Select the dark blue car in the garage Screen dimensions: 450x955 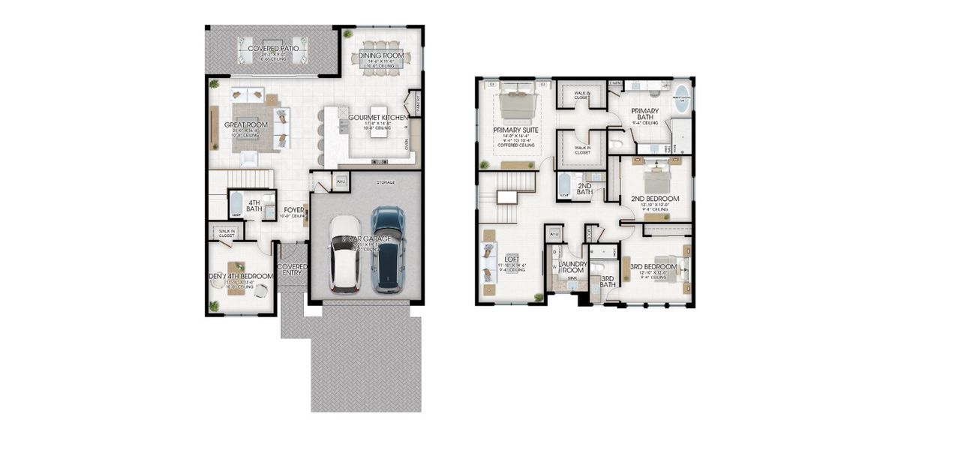387,249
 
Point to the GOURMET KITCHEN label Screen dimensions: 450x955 377,118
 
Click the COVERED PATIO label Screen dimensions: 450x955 274,49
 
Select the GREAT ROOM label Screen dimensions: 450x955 245,125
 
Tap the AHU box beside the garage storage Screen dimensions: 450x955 340,181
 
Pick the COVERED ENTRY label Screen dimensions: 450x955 292,269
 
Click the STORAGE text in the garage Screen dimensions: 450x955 386,182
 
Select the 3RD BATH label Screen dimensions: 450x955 608,282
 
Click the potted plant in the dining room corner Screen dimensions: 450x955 347,34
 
